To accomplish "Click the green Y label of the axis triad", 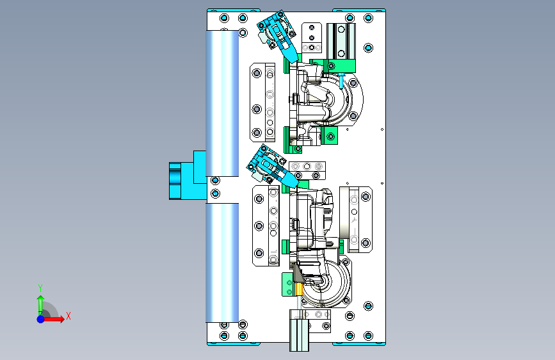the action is click(x=40, y=288).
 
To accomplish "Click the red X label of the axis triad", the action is click(x=68, y=316).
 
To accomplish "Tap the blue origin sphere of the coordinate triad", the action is click(x=41, y=319).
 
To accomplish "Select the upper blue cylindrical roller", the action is click(x=222, y=103).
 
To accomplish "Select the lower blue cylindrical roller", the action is click(x=222, y=263).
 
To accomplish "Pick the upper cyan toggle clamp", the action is click(x=278, y=36).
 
